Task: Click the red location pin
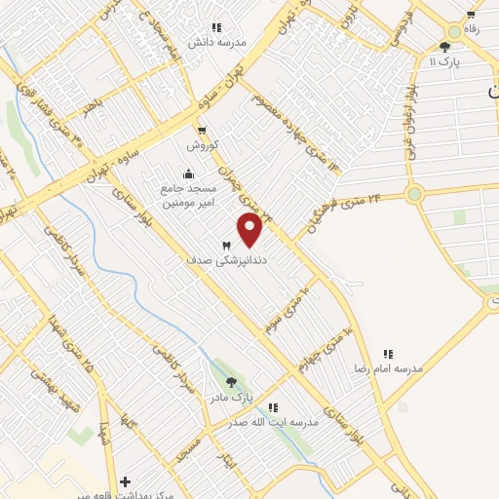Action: pos(250,230)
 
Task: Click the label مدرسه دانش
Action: pos(224,43)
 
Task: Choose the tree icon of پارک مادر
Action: pos(231,382)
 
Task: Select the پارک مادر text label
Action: pos(230,398)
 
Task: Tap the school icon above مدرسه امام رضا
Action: pos(388,354)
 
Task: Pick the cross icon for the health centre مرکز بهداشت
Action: pos(125,481)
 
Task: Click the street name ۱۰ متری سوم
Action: pos(289,310)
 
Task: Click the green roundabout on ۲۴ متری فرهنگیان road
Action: pos(415,193)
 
